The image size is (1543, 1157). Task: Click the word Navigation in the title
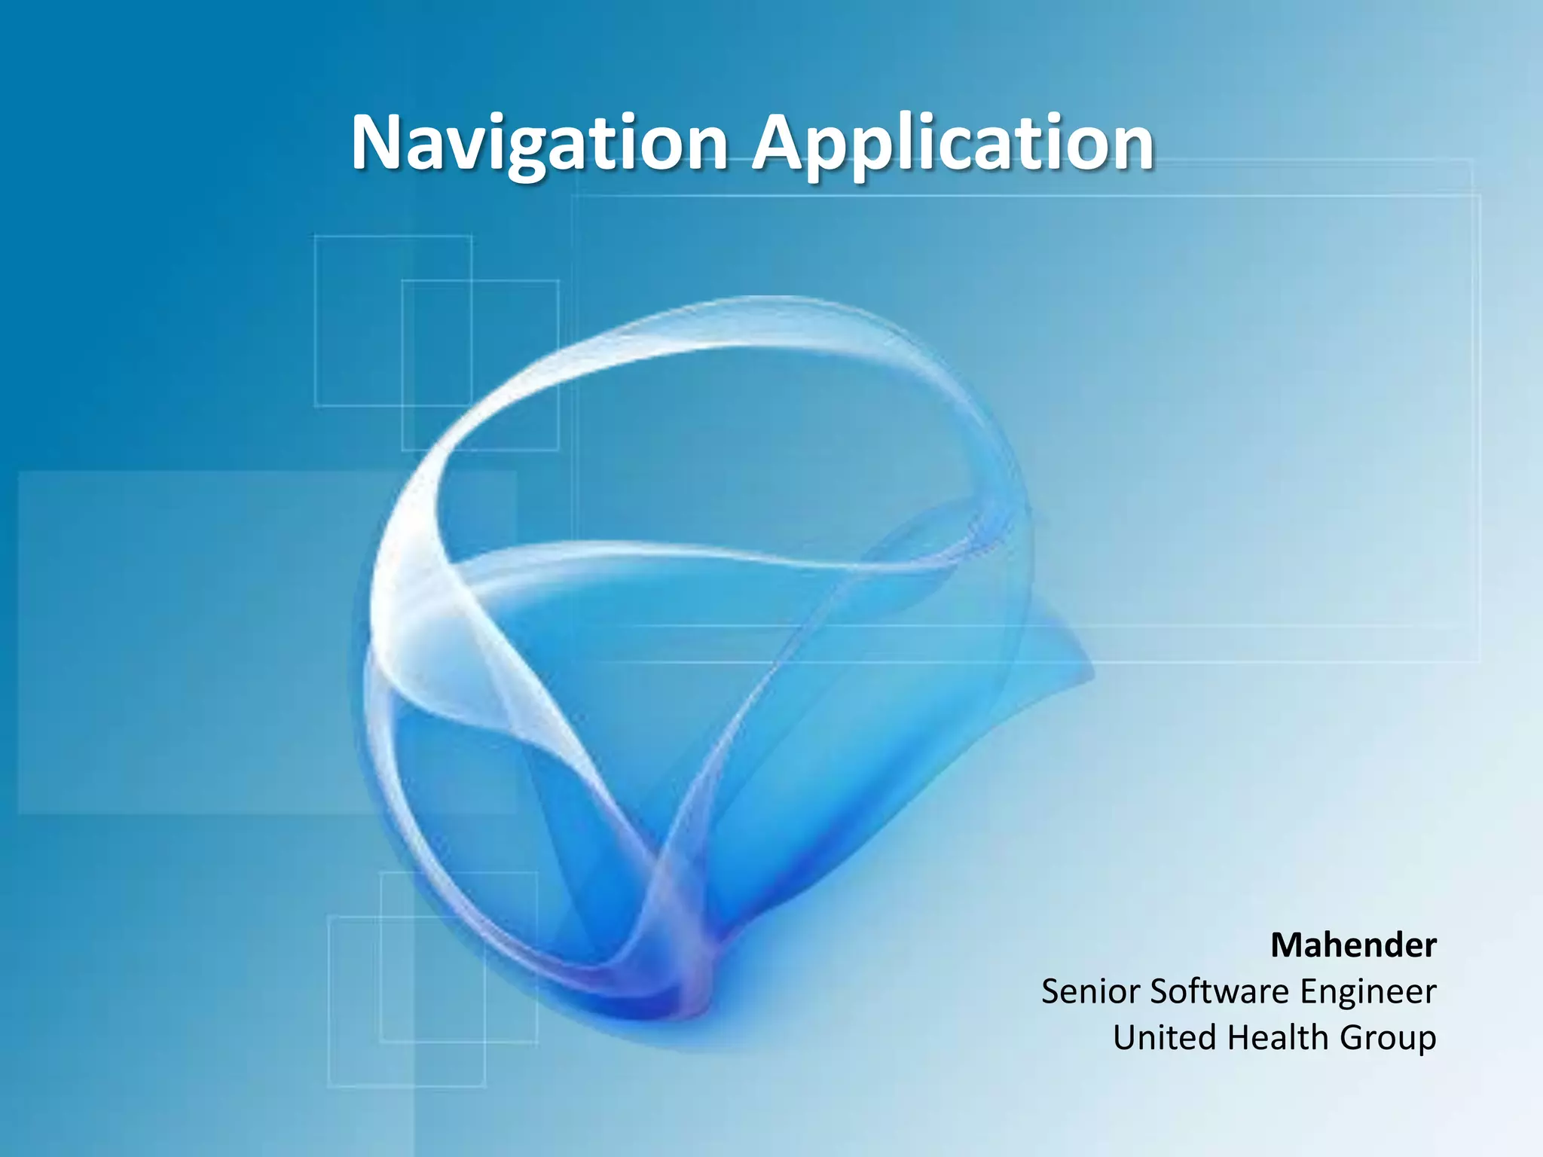[539, 143]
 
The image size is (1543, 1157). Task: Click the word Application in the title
[954, 143]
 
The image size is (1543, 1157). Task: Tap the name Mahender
[1353, 945]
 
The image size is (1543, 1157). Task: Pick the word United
[1165, 1037]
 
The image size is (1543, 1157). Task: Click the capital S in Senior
[1053, 991]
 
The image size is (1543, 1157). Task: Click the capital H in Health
[1239, 1037]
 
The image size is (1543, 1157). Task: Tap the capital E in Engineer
[1309, 991]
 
